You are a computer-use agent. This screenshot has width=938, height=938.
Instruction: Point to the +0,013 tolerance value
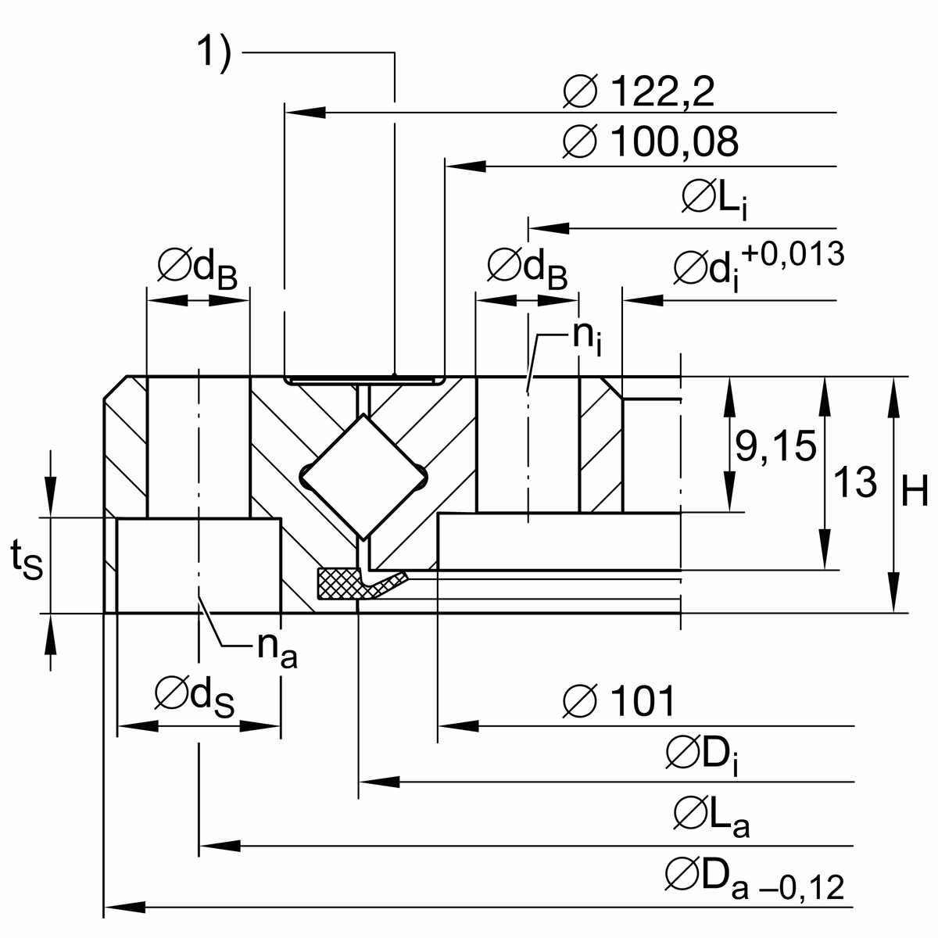(793, 254)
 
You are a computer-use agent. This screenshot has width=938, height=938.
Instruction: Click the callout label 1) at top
(213, 55)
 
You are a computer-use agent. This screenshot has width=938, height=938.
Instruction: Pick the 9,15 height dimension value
(775, 446)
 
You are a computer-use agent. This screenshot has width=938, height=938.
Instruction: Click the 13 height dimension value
(855, 482)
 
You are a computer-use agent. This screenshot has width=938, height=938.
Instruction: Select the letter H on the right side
(914, 492)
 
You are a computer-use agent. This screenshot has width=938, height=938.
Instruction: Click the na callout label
(277, 648)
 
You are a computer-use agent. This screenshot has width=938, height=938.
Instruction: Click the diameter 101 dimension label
(618, 701)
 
